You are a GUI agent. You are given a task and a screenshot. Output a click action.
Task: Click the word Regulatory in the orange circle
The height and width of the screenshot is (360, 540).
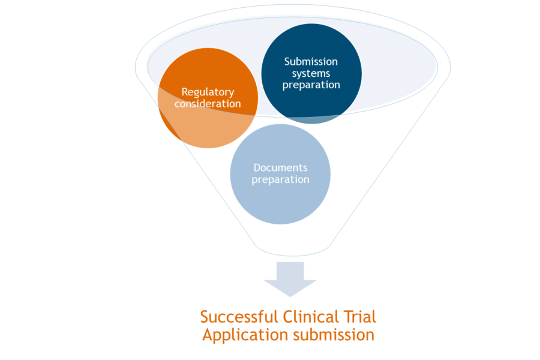(x=208, y=92)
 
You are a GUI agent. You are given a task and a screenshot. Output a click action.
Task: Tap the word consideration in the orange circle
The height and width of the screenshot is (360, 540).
(x=208, y=104)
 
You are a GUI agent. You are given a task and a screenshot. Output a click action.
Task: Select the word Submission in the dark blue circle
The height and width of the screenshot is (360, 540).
(x=311, y=62)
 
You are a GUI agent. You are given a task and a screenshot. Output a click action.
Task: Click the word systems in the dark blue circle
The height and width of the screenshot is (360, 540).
(x=311, y=73)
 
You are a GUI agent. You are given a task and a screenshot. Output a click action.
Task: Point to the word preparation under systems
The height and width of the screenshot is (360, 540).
(x=311, y=85)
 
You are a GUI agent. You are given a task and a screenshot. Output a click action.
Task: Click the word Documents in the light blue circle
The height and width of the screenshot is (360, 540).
(x=280, y=167)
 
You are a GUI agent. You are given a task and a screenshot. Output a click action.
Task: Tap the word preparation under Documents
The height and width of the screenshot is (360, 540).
(x=280, y=179)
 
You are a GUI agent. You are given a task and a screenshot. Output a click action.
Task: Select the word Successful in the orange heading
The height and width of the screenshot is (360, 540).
(x=236, y=316)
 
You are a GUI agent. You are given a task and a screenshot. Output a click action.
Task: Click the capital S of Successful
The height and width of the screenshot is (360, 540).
(x=205, y=316)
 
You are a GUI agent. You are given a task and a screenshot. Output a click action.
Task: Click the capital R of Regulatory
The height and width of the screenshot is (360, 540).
(x=185, y=92)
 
